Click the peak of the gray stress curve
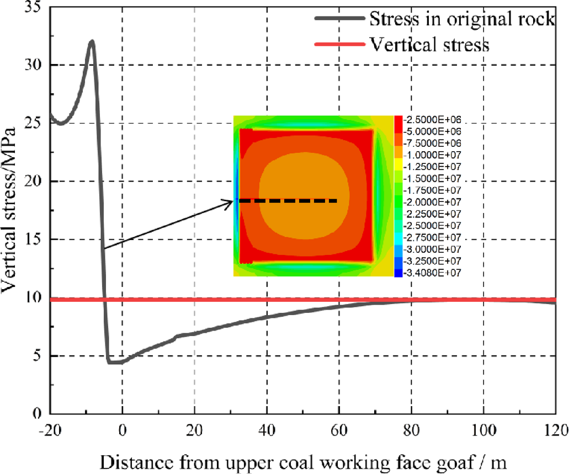[x=92, y=41]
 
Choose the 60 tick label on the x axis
[x=339, y=429]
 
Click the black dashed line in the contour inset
[x=288, y=201]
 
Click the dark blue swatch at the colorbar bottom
[x=398, y=272]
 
